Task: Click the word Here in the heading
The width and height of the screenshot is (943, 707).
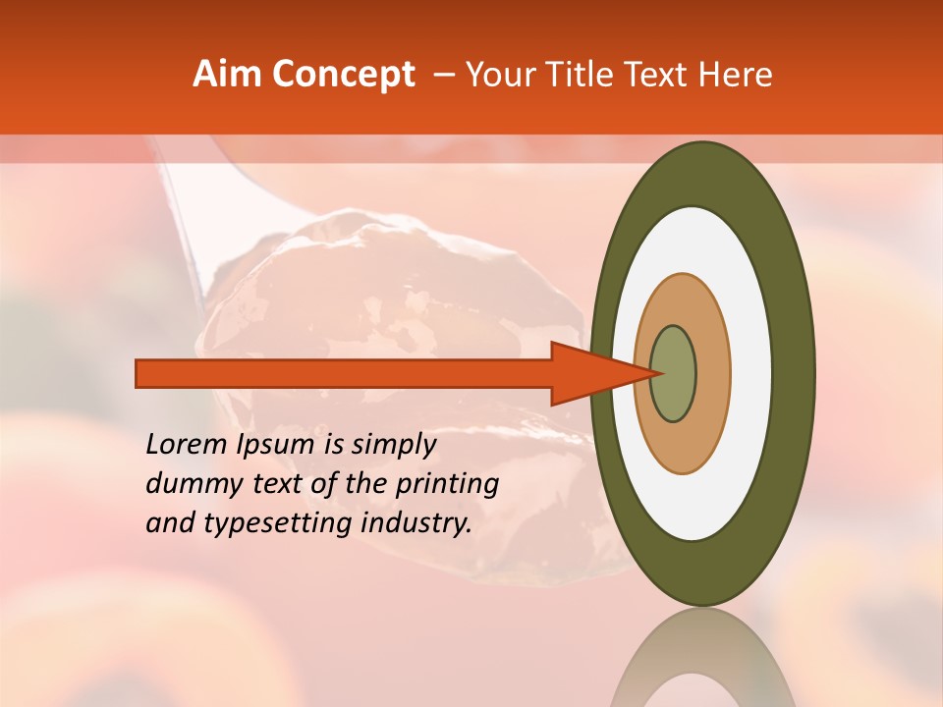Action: click(737, 75)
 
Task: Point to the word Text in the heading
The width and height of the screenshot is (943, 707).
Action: click(662, 75)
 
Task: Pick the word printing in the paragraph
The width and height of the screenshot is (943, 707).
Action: click(448, 484)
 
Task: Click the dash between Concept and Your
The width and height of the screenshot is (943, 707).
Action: click(444, 75)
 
